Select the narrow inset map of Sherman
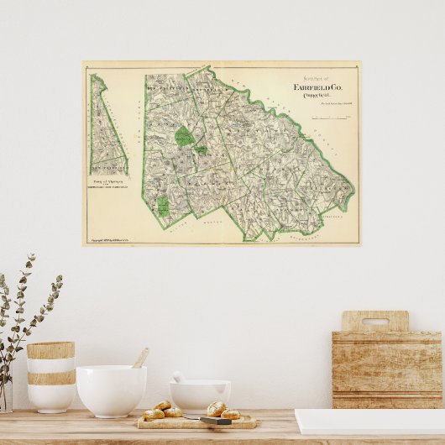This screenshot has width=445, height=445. (x=107, y=126)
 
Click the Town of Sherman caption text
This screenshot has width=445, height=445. (x=109, y=180)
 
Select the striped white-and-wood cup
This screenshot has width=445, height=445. (x=50, y=375)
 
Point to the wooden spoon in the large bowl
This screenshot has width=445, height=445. (x=140, y=359)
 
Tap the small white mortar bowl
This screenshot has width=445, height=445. (x=200, y=394)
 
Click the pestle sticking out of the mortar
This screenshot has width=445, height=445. (x=178, y=376)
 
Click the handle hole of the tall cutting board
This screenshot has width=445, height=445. (x=375, y=321)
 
